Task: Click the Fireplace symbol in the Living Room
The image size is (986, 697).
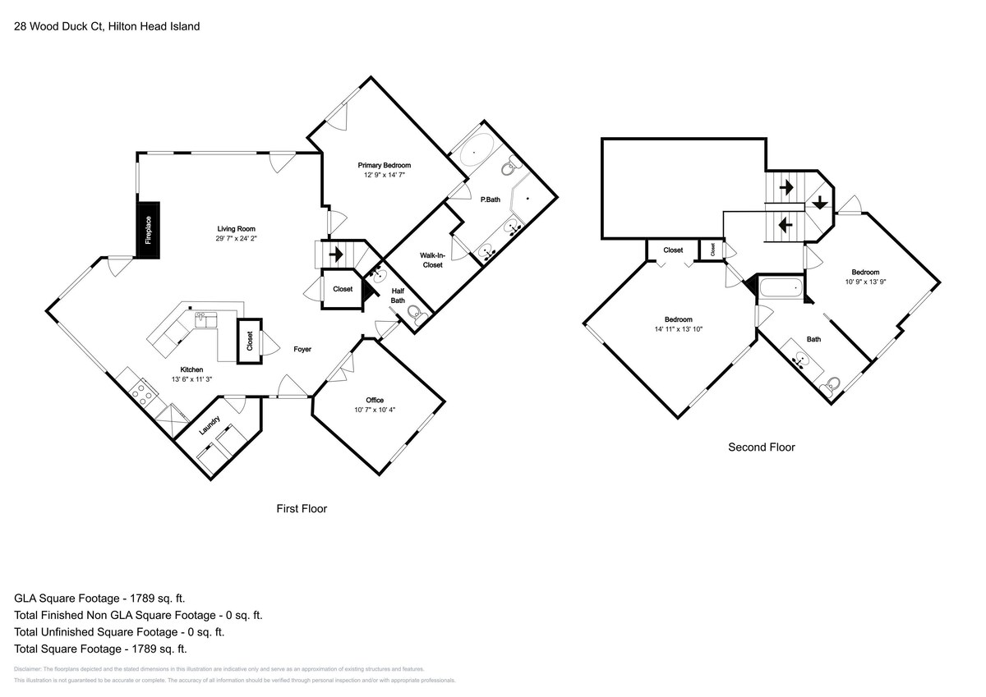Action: click(149, 230)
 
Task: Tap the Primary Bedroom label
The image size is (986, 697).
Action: click(384, 165)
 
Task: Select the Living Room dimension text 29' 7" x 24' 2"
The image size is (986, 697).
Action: click(236, 239)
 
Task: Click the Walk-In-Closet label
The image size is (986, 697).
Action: click(431, 260)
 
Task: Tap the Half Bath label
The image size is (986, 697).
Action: click(398, 296)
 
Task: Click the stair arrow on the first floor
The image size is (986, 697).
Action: click(335, 254)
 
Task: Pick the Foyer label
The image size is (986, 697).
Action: click(302, 350)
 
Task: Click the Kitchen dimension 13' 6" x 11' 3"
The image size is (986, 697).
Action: click(192, 379)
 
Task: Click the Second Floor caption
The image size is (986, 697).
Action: click(762, 447)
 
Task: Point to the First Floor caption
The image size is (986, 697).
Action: click(302, 509)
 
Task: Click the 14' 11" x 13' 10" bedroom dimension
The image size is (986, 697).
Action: click(679, 329)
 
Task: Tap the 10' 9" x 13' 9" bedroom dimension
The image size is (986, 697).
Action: click(865, 282)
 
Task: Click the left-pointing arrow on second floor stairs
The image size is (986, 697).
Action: click(785, 222)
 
